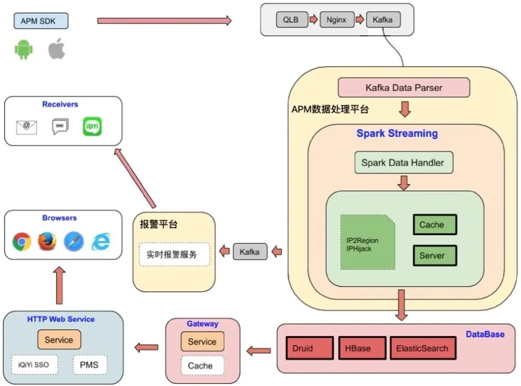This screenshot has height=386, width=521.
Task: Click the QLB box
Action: pyautogui.click(x=291, y=20)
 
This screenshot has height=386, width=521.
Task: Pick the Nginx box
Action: pyautogui.click(x=336, y=20)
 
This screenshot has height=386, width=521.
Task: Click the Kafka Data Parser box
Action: pyautogui.click(x=404, y=88)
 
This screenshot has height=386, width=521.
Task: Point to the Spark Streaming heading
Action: pyautogui.click(x=397, y=133)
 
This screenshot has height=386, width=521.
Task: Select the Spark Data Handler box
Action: pyautogui.click(x=403, y=163)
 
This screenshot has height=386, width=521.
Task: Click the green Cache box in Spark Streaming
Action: pyautogui.click(x=435, y=225)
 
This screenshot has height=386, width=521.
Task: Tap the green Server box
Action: pyautogui.click(x=435, y=255)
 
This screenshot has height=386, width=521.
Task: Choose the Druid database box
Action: pyautogui.click(x=309, y=348)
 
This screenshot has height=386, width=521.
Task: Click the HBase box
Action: pyautogui.click(x=362, y=348)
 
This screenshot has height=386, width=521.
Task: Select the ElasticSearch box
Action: pyautogui.click(x=422, y=348)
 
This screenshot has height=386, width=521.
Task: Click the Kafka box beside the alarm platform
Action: pyautogui.click(x=250, y=252)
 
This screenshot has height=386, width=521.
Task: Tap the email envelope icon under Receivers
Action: pyautogui.click(x=27, y=127)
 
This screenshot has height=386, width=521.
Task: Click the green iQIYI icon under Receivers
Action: pyautogui.click(x=92, y=126)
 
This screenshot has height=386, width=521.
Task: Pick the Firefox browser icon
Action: pyautogui.click(x=47, y=241)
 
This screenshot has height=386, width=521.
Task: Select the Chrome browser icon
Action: pyautogui.click(x=22, y=241)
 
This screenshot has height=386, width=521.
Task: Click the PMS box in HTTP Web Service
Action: pyautogui.click(x=90, y=365)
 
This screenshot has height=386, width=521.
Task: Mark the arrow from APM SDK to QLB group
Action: pyautogui.click(x=164, y=21)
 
